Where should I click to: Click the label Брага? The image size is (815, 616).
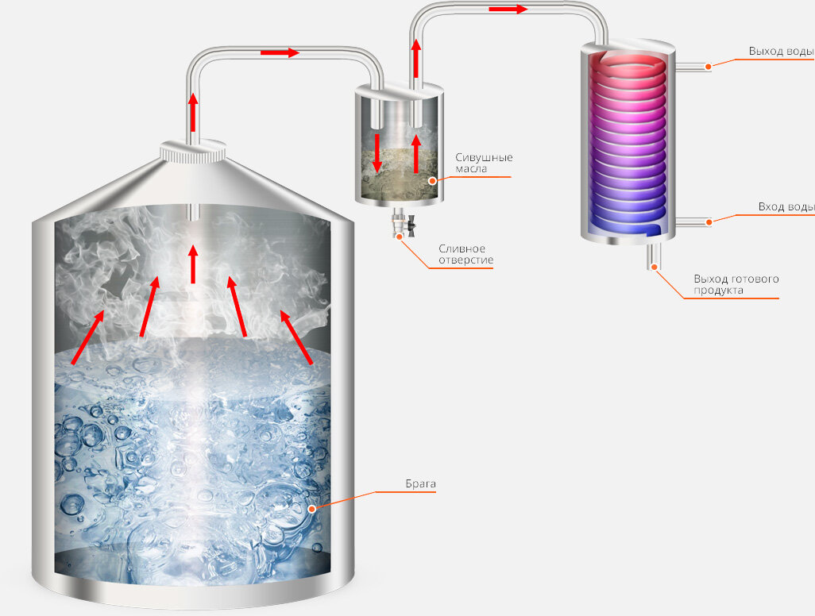point(420,483)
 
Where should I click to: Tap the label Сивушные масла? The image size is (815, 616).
point(483,163)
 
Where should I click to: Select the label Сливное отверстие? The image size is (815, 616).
point(465,254)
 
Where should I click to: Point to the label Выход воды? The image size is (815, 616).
point(780,52)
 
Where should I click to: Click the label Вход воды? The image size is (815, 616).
point(785,207)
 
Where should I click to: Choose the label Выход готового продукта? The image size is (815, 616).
point(736,284)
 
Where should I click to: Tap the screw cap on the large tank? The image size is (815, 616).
point(193,150)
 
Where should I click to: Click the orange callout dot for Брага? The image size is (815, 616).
point(312,508)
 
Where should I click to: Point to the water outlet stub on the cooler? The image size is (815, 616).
point(693,67)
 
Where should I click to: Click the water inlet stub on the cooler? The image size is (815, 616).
point(693,221)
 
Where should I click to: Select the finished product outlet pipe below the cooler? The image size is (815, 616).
point(655,256)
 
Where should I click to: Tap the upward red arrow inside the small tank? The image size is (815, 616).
point(415,154)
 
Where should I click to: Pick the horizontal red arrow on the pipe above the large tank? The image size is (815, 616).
point(280,53)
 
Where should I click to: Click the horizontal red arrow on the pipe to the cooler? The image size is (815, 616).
point(508,10)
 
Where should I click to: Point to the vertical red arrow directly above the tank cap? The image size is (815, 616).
point(192,111)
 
